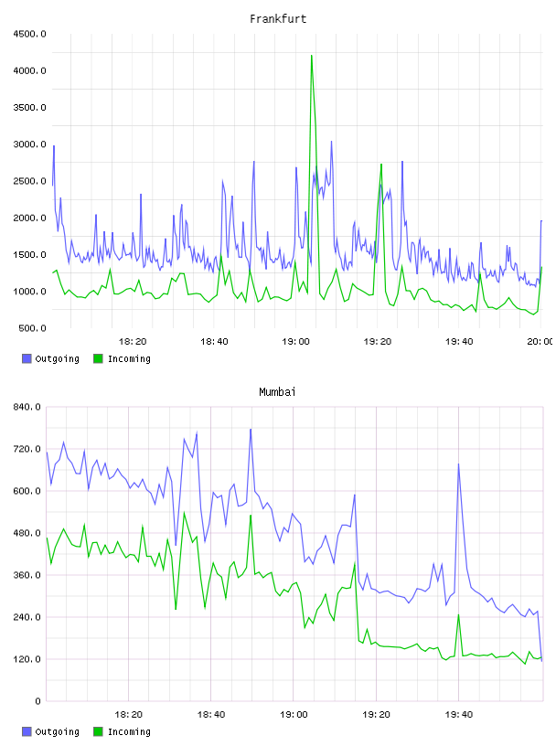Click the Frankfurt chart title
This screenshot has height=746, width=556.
pos(278,19)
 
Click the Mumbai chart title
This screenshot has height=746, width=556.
pos(277,392)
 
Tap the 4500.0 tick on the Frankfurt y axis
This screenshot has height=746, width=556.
pos(29,34)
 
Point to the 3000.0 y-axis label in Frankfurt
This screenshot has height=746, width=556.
pos(29,144)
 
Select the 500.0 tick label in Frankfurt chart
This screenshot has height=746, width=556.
pos(32,328)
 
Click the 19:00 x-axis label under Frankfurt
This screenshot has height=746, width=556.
pos(295,342)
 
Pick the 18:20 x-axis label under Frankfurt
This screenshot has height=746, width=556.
pos(133,342)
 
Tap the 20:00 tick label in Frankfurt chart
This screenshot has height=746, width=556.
pos(540,342)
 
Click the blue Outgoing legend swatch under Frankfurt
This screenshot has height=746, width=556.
pos(27,358)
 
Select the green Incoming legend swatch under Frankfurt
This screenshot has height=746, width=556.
pos(98,358)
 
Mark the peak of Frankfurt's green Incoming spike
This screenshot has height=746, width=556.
pos(311,56)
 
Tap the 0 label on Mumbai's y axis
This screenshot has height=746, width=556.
pos(38,701)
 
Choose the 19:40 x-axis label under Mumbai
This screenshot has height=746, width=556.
pos(459,715)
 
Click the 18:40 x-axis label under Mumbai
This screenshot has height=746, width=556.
pos(211,715)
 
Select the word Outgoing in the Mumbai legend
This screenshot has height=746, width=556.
pos(57,731)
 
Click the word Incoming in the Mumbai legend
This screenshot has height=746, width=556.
pos(129,731)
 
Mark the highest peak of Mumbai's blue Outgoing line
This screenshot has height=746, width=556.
pos(251,430)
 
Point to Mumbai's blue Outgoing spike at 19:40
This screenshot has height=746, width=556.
pos(458,464)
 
